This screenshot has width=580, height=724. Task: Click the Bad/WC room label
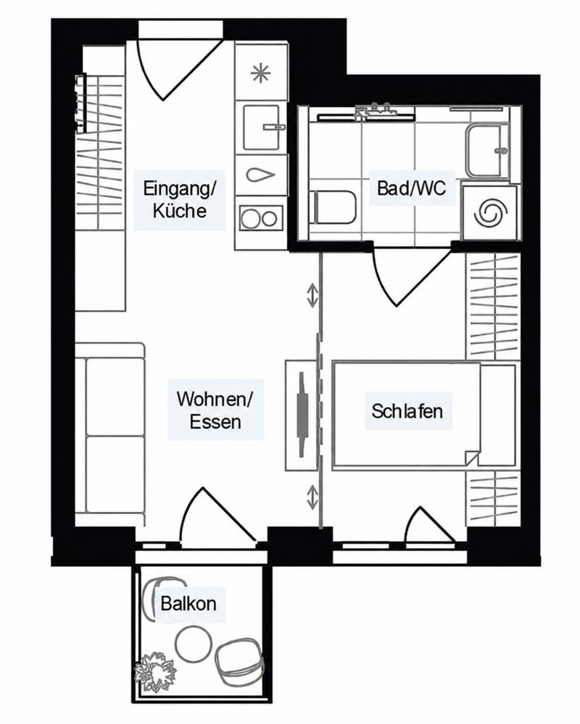coord(412,188)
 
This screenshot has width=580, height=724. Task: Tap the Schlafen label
coord(407,411)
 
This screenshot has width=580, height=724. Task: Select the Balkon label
coord(188,604)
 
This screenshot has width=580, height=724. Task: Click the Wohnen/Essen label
coord(215,411)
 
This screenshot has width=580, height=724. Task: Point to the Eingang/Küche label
coord(180,200)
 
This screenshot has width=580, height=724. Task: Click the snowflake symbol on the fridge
coord(260,74)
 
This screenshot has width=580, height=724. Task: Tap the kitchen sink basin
coord(261,127)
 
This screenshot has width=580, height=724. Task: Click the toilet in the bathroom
coord(335,208)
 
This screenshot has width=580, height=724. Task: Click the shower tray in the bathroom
coord(486,150)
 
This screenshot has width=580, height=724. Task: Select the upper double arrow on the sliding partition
coord(313,296)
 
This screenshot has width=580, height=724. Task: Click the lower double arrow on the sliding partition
coord(313,498)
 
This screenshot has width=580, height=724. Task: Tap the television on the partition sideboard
coord(302,415)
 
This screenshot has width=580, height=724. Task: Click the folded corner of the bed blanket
coord(472,458)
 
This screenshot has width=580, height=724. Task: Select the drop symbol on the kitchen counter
coord(261,175)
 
